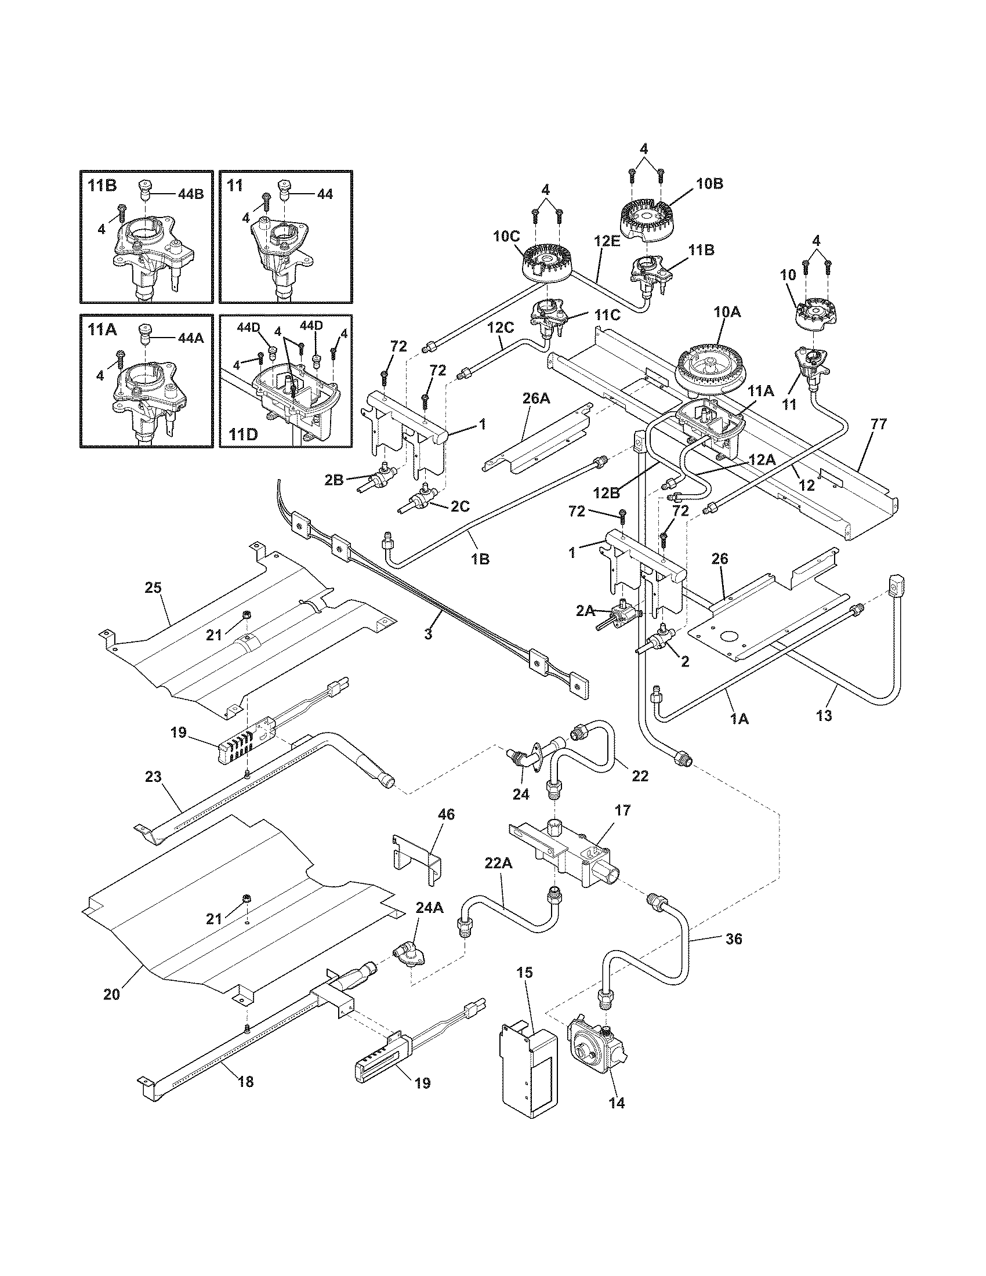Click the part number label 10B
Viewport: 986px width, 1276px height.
pos(709,183)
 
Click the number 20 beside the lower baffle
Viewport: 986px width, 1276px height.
pos(111,993)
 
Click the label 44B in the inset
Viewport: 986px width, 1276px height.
pos(191,194)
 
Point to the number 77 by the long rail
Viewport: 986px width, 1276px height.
pos(878,424)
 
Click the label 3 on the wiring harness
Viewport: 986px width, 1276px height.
pos(428,633)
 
